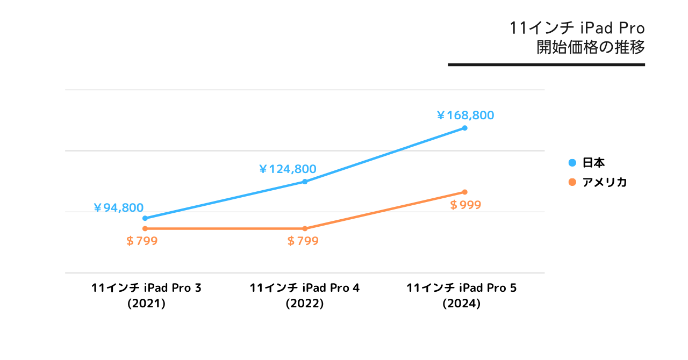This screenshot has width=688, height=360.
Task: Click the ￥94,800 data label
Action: (118, 208)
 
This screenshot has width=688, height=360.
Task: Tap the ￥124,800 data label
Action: (288, 169)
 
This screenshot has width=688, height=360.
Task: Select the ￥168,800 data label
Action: (465, 115)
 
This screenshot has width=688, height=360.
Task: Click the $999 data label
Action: (465, 205)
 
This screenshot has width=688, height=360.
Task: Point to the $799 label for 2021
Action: (141, 241)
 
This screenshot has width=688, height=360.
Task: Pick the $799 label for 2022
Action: (303, 241)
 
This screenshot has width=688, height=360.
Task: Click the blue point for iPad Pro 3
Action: (145, 218)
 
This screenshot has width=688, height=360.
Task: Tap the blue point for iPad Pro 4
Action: (305, 182)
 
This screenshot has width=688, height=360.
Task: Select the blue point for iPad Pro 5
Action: (465, 128)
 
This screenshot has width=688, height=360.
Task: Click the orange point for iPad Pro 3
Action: (145, 229)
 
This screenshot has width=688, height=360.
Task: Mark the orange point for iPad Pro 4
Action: (305, 229)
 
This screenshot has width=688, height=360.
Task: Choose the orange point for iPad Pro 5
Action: (465, 192)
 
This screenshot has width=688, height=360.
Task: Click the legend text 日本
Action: (594, 163)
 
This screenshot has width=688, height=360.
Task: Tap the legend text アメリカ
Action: (605, 182)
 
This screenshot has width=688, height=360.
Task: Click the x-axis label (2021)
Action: (146, 304)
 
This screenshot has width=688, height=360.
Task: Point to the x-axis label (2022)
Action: (305, 304)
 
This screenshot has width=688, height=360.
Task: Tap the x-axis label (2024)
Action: (462, 304)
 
